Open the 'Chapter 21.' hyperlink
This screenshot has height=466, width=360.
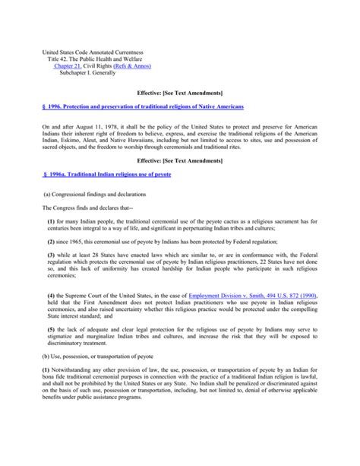click(72, 67)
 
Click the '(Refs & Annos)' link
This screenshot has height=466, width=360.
click(133, 67)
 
